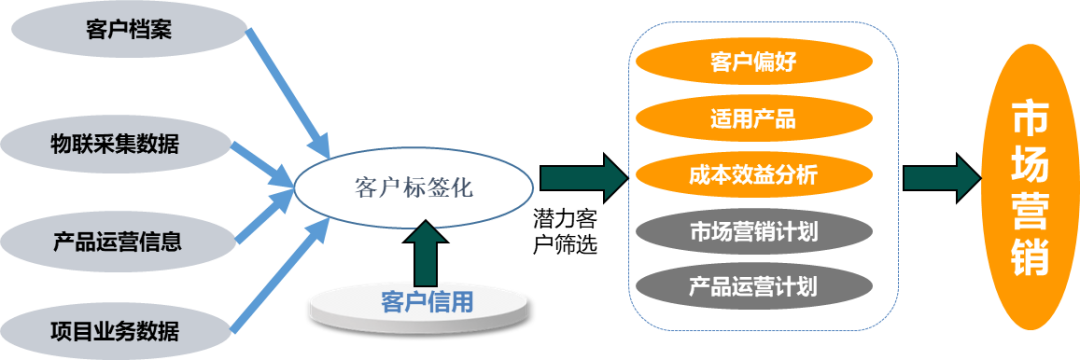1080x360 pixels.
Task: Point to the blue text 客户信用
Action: pyautogui.click(x=427, y=301)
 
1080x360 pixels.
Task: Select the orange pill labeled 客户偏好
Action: pyautogui.click(x=753, y=63)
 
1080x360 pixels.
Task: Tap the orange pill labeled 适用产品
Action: pyautogui.click(x=753, y=119)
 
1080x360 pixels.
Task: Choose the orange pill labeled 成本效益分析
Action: pyautogui.click(x=753, y=175)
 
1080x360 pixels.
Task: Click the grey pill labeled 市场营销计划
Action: pyautogui.click(x=753, y=232)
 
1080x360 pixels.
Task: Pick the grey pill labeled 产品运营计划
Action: pyautogui.click(x=753, y=287)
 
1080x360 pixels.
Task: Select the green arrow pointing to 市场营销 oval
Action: pyautogui.click(x=939, y=178)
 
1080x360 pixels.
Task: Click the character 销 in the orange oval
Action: pyautogui.click(x=1030, y=255)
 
